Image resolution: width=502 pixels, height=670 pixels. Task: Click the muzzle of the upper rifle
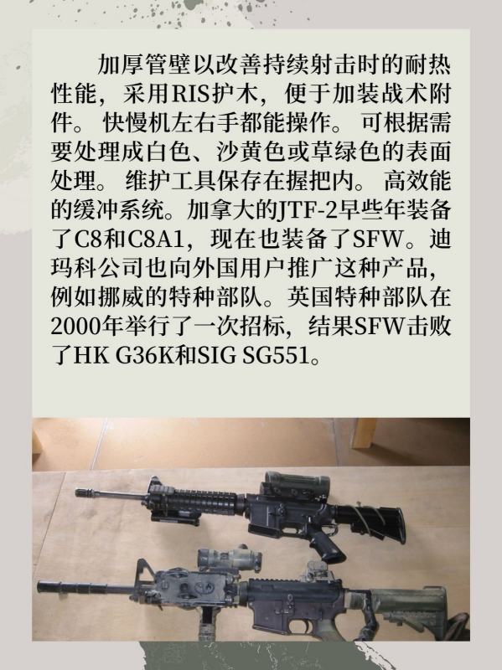tap(84, 492)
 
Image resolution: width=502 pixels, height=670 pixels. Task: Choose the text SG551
tap(276, 355)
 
